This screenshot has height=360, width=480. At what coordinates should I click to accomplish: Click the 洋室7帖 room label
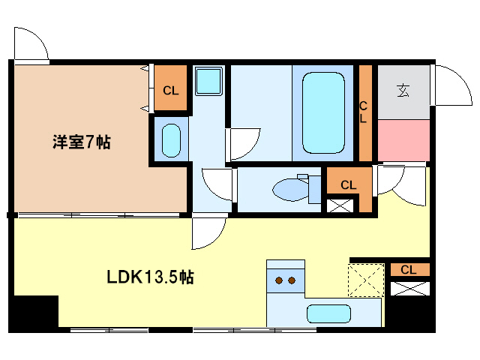tap(80, 142)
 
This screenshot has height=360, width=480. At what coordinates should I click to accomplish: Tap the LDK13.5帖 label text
tap(149, 277)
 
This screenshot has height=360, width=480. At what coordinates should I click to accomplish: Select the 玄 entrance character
tap(403, 91)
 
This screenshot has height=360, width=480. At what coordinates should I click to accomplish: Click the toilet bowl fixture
tap(289, 189)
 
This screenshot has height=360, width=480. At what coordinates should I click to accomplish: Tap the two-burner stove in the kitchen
tap(285, 280)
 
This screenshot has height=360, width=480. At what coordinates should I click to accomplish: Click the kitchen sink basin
tap(328, 313)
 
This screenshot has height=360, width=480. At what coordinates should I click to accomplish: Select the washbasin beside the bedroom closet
tap(171, 139)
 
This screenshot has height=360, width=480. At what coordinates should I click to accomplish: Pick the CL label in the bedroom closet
tap(170, 91)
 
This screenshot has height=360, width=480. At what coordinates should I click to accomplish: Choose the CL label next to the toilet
tap(348, 184)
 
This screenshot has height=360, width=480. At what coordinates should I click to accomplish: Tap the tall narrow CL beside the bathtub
tap(364, 112)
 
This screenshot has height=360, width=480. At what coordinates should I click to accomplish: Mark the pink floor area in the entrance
tap(403, 139)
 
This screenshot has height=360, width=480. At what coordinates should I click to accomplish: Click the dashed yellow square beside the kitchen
tap(367, 281)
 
